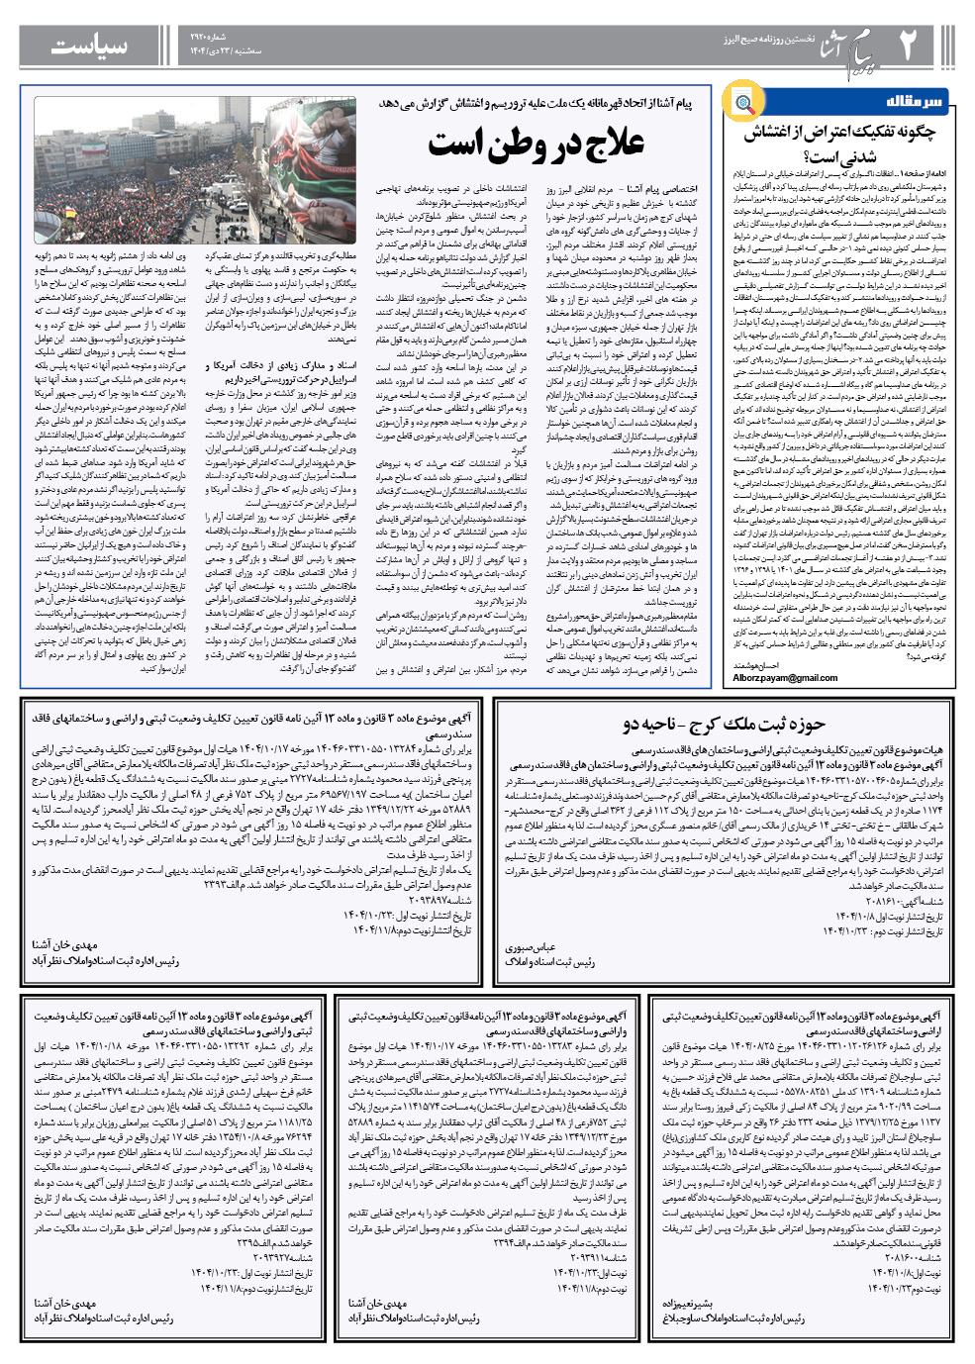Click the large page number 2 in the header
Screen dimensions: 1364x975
(x=908, y=46)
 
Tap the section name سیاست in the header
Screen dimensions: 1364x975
(x=89, y=46)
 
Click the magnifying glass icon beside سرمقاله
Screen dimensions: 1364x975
(x=742, y=102)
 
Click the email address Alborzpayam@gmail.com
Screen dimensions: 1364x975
(x=785, y=678)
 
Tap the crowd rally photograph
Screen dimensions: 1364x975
(x=195, y=170)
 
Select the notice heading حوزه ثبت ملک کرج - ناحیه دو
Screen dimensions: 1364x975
(x=724, y=725)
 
